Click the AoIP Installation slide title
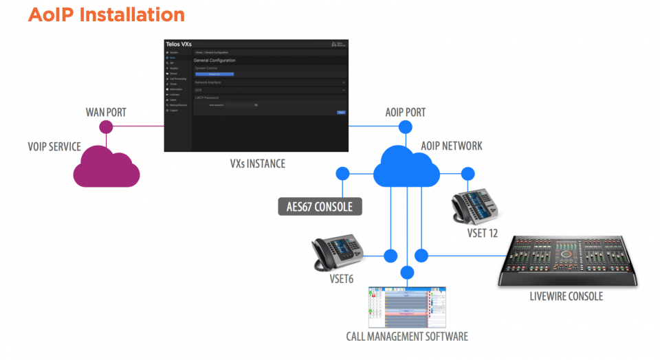tap(107, 14)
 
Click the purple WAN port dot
tap(106, 126)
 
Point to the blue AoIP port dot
tap(406, 126)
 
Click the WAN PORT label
tap(106, 111)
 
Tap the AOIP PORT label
tap(406, 112)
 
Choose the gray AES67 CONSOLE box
tap(320, 206)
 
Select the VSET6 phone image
tap(336, 254)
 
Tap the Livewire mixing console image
tap(569, 261)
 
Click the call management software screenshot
tap(407, 307)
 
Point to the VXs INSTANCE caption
tap(258, 164)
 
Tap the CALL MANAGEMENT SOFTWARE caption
tap(407, 337)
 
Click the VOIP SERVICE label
tap(54, 146)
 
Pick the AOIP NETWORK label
tap(452, 146)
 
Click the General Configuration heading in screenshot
tap(214, 60)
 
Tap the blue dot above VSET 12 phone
tap(468, 173)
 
